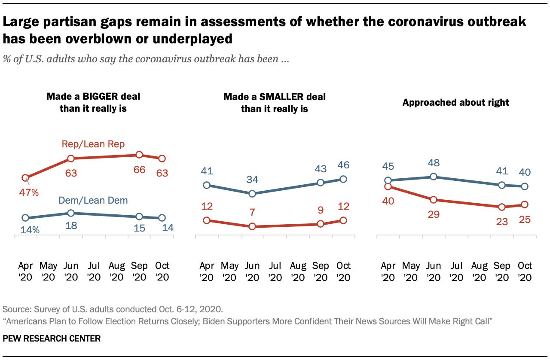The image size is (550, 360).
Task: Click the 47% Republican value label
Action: coord(29,192)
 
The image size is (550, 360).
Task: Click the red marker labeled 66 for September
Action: coord(139,155)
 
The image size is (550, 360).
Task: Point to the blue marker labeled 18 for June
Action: coord(71,213)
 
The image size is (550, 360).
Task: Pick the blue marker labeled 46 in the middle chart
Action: coord(343,179)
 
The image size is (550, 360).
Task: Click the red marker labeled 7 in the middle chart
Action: coord(252,226)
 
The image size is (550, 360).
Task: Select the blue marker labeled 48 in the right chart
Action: coord(434,177)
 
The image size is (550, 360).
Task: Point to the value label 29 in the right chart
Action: coord(434,214)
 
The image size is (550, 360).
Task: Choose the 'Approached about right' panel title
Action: coord(455,102)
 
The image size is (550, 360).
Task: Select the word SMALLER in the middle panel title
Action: coord(281,97)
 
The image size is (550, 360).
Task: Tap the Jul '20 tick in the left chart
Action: coord(93,271)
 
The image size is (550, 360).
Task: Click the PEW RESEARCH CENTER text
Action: coord(52,339)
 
